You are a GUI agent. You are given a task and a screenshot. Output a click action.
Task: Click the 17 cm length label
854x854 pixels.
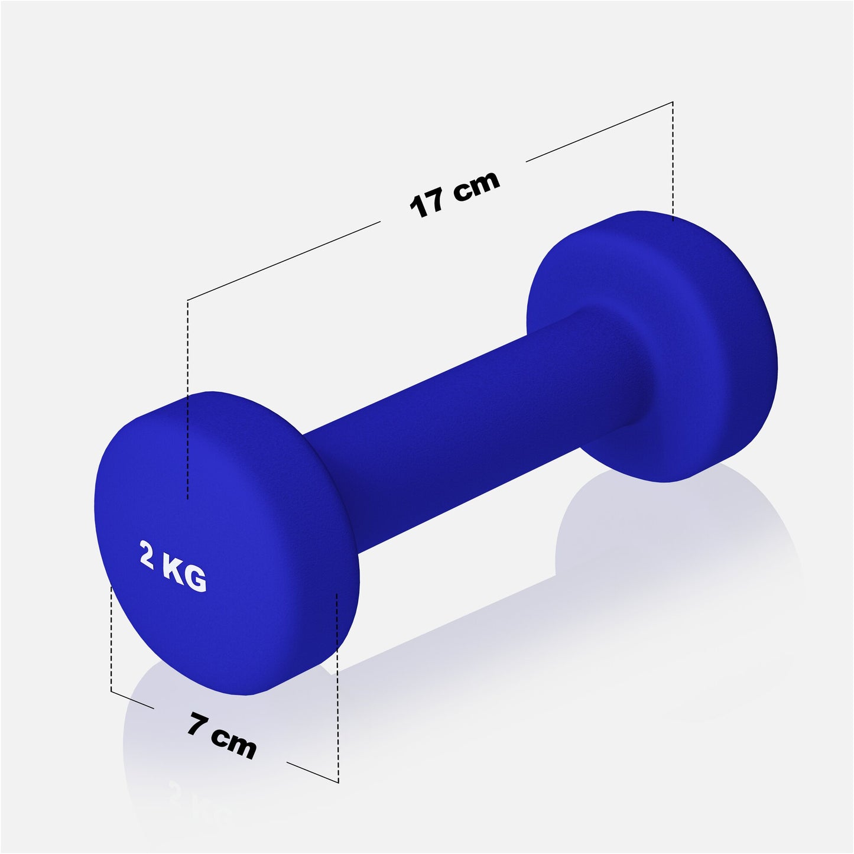454,194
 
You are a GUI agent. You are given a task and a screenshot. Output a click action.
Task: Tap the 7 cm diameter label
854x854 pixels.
222,736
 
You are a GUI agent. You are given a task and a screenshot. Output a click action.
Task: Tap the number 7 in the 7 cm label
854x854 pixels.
196,725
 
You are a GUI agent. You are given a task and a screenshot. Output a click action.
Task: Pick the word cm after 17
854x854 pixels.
476,185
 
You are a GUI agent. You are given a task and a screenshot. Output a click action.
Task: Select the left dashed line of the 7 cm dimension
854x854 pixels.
111,638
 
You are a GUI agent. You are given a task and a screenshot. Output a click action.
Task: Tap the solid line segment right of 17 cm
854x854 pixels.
599,131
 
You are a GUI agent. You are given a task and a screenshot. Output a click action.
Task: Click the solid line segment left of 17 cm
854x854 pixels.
284,261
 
